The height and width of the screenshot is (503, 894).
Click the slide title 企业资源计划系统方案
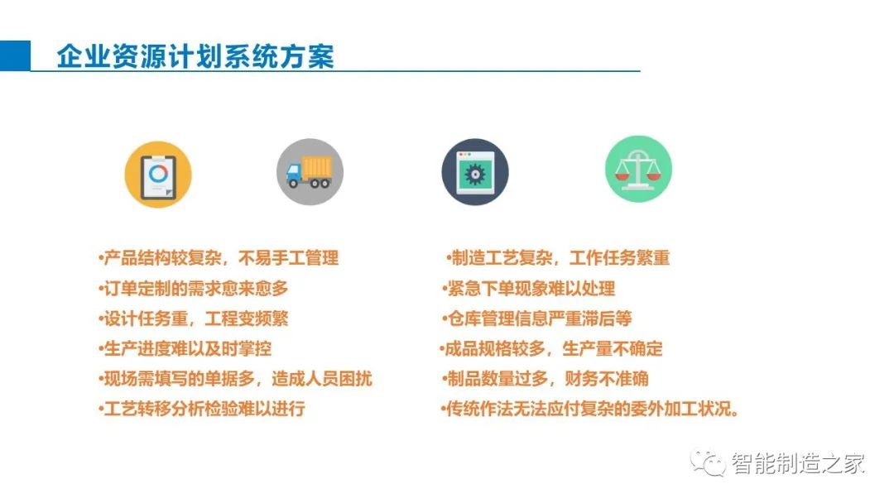click(195, 56)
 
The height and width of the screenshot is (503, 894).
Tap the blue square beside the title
click(15, 55)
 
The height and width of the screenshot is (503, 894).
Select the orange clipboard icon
click(158, 175)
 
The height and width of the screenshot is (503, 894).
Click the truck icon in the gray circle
click(310, 172)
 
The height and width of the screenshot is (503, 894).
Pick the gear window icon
click(475, 172)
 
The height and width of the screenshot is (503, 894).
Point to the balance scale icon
click(638, 169)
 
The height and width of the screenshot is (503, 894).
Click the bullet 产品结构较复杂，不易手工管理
click(219, 258)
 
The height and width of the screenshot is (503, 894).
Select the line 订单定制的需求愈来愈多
click(193, 288)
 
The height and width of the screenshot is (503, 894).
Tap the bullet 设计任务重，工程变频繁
click(193, 319)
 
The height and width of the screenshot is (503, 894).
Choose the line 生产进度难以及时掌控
click(185, 348)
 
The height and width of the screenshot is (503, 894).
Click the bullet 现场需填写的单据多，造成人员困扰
click(235, 379)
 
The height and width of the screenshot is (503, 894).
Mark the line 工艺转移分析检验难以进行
click(201, 409)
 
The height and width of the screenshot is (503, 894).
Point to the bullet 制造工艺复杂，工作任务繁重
click(558, 258)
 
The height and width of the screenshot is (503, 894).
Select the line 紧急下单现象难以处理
click(528, 288)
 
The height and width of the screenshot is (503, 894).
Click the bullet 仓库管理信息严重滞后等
click(536, 319)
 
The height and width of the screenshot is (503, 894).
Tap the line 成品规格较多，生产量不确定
click(550, 348)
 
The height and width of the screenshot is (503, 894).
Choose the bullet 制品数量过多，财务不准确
click(545, 379)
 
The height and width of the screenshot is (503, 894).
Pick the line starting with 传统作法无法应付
click(590, 409)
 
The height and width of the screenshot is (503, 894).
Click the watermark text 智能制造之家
click(798, 463)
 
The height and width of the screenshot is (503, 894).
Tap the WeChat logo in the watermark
click(708, 462)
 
